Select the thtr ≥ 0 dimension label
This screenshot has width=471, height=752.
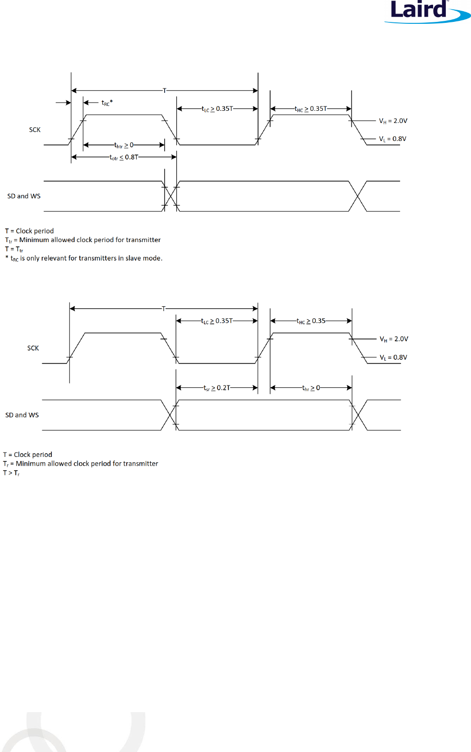[x=124, y=145]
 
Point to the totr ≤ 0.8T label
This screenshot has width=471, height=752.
[x=124, y=157]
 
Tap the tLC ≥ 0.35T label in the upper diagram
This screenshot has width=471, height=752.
[x=217, y=109]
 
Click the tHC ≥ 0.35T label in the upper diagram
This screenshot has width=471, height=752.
[x=311, y=109]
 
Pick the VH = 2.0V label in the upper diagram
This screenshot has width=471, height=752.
[x=393, y=121]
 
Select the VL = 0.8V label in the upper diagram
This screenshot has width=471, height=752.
[x=392, y=139]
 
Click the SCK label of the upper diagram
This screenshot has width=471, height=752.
[x=35, y=130]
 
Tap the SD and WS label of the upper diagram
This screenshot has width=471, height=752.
[x=24, y=196]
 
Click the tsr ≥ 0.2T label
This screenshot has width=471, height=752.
[x=217, y=388]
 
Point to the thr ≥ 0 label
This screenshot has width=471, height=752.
[x=311, y=388]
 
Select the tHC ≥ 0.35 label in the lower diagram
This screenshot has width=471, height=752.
[x=311, y=321]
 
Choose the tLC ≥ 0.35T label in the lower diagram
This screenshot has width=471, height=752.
[x=217, y=321]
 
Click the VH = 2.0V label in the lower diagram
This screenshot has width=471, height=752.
[x=393, y=339]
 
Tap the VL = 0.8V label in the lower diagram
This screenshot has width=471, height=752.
[x=393, y=357]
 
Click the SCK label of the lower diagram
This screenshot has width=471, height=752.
[x=33, y=348]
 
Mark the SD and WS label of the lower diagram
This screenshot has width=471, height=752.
[x=22, y=415]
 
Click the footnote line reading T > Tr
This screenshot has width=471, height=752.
[x=11, y=473]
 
